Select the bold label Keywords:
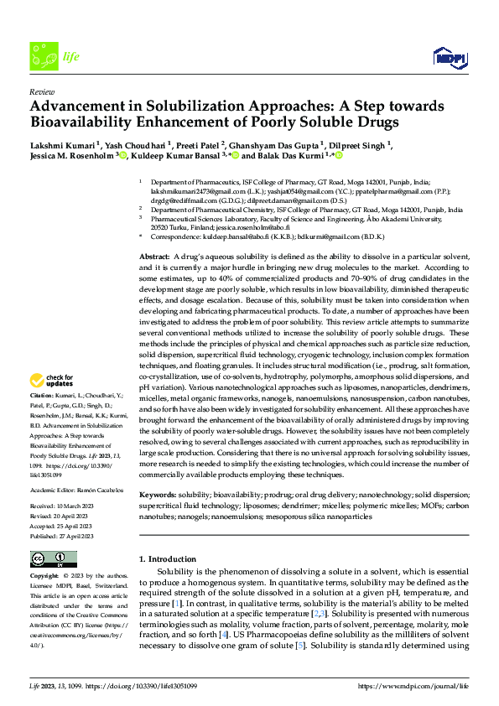[157, 496]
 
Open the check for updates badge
[49, 382]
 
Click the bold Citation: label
[43, 394]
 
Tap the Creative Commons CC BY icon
[53, 559]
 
